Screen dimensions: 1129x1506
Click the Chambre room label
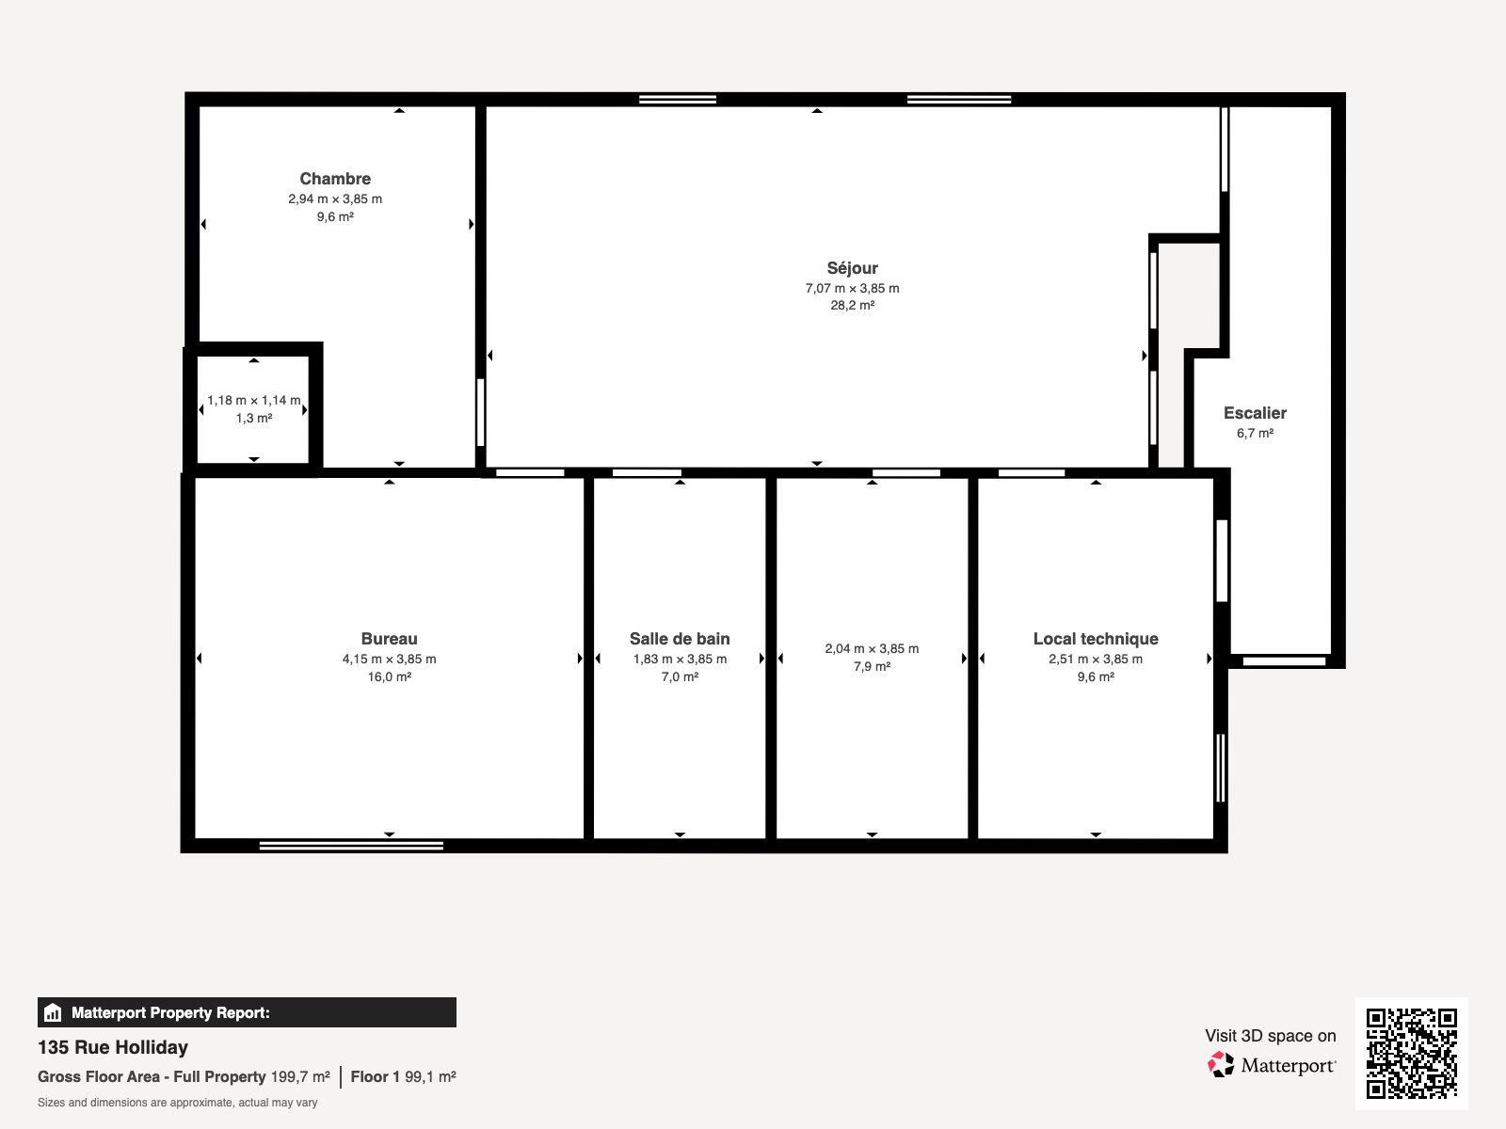coord(335,179)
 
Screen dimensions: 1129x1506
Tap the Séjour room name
coord(852,268)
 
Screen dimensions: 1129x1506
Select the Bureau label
coord(389,639)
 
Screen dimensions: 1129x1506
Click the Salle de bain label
coord(680,639)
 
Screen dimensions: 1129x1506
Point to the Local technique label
coord(1096,639)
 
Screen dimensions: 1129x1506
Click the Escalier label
coord(1255,413)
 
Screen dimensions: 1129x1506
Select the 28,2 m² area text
coord(852,306)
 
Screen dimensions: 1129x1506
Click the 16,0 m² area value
coord(389,677)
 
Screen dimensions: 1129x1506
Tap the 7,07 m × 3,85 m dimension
coord(852,289)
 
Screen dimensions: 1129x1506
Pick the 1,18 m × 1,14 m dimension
coord(254,401)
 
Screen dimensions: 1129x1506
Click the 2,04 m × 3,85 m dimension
coord(872,649)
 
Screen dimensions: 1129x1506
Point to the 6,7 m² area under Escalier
coord(1255,434)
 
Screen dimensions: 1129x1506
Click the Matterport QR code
coord(1411,1053)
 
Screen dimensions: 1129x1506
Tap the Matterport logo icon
coord(1221,1065)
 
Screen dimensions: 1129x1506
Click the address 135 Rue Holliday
coord(113,1047)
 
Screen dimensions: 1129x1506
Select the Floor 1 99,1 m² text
coord(403,1077)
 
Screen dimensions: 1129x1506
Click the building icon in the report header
coord(54,1013)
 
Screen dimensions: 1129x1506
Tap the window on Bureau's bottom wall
coord(351,846)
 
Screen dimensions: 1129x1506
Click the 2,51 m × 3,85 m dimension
coord(1096,660)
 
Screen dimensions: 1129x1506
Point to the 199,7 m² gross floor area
coord(300,1077)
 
